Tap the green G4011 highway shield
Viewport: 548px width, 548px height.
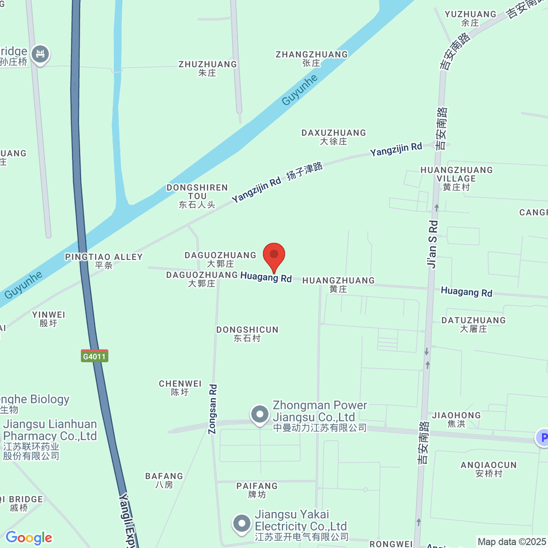(x=95, y=356)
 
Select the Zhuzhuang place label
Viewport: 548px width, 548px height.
(x=208, y=68)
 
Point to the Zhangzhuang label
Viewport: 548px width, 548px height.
(x=311, y=58)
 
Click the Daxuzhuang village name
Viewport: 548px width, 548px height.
(x=334, y=137)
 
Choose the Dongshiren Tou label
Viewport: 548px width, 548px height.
(x=197, y=196)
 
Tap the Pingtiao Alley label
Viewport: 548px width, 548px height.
(x=104, y=261)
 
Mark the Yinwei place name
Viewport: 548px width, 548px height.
(x=48, y=319)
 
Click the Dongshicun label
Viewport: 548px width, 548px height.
(x=247, y=333)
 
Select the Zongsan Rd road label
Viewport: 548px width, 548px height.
(x=213, y=409)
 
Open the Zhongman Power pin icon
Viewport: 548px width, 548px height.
(x=260, y=415)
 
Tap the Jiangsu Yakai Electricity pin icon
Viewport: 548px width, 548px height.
(x=242, y=524)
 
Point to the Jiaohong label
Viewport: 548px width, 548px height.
(x=456, y=419)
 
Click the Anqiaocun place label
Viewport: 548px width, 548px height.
(x=489, y=469)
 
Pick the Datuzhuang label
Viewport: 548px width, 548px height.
(x=474, y=324)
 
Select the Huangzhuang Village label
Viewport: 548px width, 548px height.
(x=456, y=178)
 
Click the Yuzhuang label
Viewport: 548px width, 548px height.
(x=470, y=18)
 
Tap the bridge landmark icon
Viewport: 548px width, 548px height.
(x=40, y=54)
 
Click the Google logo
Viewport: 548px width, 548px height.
(x=29, y=537)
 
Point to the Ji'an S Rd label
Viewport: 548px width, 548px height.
(x=432, y=244)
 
